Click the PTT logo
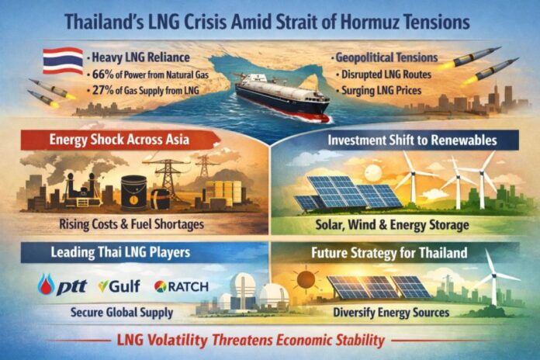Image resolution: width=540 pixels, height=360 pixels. [62, 286]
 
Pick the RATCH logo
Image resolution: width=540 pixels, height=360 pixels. [182, 286]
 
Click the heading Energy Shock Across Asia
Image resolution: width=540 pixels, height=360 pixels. [109, 140]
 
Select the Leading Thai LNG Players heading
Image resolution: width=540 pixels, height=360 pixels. [101, 252]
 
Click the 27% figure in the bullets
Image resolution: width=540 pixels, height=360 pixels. [102, 94]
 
